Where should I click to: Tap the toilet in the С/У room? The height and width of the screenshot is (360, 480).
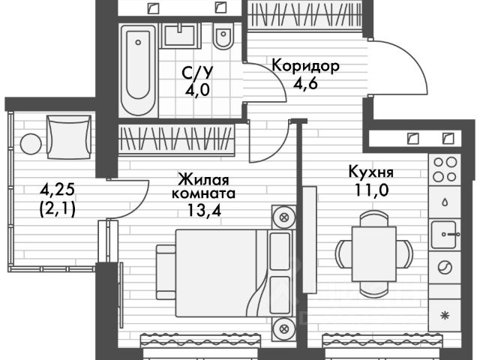[x=223, y=37]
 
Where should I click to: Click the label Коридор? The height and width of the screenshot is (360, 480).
[x=306, y=65]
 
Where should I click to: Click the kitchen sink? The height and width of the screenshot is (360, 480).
[x=446, y=235]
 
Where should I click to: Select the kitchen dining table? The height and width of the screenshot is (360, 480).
[x=373, y=252]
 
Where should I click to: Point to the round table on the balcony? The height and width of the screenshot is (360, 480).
[x=31, y=142]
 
